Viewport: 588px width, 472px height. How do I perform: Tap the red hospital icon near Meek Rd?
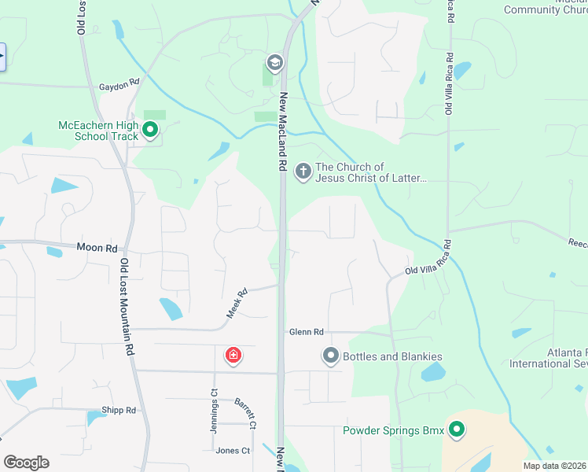tap(233, 356)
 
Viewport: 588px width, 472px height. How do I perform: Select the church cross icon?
tap(303, 171)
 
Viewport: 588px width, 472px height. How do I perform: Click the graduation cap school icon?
tap(274, 62)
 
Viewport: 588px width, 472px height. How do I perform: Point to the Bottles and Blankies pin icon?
tap(331, 356)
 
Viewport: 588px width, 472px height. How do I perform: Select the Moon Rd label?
tap(96, 247)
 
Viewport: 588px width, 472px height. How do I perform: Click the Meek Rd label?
tap(237, 302)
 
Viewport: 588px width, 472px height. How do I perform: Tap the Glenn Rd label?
tap(306, 333)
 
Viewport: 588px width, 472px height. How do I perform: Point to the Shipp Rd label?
tap(119, 410)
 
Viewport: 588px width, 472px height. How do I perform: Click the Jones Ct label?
tap(233, 451)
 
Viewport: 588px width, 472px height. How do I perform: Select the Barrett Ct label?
tap(245, 413)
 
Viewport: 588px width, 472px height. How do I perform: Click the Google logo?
tap(26, 463)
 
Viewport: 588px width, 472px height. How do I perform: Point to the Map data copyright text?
tap(554, 466)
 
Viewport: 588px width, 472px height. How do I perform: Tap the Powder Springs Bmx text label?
tap(393, 430)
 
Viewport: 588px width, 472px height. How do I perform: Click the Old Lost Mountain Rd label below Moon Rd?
tap(126, 308)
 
